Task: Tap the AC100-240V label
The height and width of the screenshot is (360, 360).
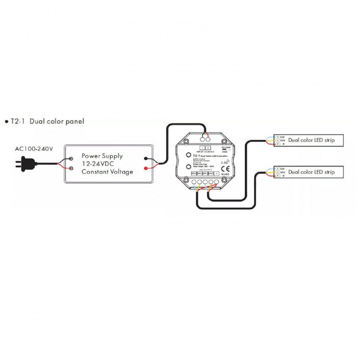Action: (x=34, y=149)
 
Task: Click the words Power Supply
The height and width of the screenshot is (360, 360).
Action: (x=102, y=155)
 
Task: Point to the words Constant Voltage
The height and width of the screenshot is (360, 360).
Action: (x=107, y=172)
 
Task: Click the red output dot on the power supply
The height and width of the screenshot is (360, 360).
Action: (x=146, y=169)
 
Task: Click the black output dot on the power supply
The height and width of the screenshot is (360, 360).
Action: (x=146, y=159)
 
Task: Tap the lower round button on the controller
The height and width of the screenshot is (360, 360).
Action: (x=188, y=168)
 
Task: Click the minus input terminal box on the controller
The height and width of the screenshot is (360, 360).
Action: (x=202, y=147)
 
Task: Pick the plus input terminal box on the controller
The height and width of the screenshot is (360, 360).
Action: (x=208, y=147)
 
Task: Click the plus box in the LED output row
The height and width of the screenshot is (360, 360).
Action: (x=216, y=173)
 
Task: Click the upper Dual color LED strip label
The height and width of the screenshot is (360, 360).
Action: (x=311, y=140)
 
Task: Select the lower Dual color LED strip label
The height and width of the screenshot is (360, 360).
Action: (x=311, y=172)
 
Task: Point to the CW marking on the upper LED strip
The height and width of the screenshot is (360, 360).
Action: (x=282, y=137)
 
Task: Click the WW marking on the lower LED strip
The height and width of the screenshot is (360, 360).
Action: (x=282, y=172)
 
